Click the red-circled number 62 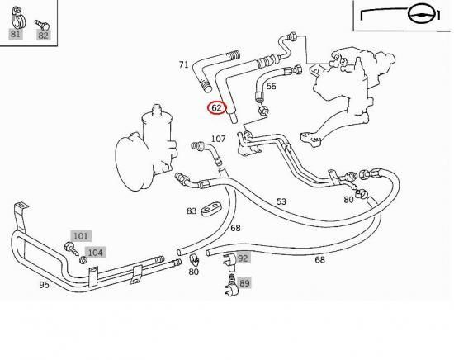[216, 107]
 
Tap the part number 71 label [183, 64]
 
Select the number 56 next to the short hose [271, 87]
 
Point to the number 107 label [218, 139]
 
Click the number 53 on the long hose [281, 201]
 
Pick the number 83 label [192, 211]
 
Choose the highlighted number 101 [81, 236]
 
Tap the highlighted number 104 [95, 253]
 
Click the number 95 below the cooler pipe [44, 285]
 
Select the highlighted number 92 [243, 258]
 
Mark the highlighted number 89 [244, 282]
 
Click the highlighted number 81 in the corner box [15, 34]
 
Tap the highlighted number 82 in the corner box [43, 36]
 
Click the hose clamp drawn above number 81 [18, 17]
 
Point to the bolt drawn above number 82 [42, 25]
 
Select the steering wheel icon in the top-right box [419, 14]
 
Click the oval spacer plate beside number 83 [211, 209]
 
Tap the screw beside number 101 [71, 249]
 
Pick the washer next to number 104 [83, 260]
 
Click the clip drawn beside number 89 [231, 287]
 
